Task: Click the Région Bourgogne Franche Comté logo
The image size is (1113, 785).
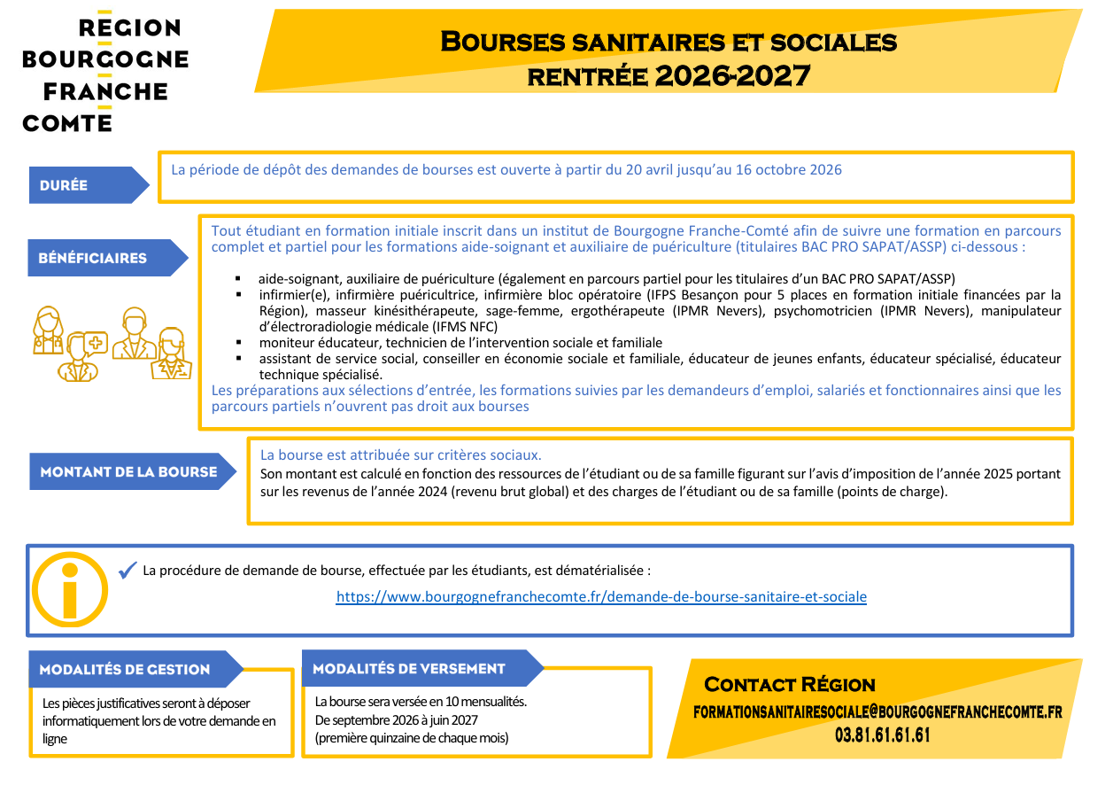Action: click(104, 75)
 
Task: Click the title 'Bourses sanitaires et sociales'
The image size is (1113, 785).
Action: click(669, 42)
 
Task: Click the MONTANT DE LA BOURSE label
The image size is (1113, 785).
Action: click(128, 472)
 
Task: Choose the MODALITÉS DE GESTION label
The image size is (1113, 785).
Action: click(125, 670)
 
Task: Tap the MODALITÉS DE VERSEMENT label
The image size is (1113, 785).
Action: click(409, 669)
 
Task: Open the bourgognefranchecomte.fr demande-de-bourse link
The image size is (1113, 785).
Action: click(601, 596)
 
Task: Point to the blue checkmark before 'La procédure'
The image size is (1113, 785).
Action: click(128, 569)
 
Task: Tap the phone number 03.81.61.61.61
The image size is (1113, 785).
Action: click(882, 736)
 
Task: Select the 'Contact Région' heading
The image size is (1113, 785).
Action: click(789, 685)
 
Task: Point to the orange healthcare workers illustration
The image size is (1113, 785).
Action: click(112, 344)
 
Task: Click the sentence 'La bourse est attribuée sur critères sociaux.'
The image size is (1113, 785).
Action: click(400, 455)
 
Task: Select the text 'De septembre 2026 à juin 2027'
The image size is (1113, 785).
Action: click(396, 720)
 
